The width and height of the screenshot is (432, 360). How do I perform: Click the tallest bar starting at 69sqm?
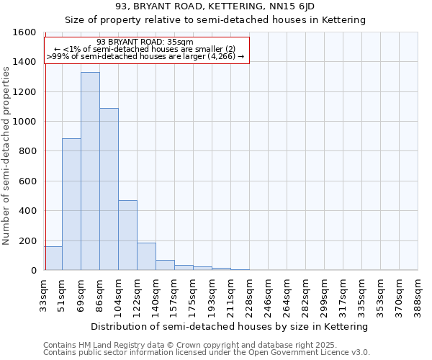click(90, 171)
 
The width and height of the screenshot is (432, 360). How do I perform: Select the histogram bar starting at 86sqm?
click(109, 189)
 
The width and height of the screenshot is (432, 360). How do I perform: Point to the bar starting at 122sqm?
click(146, 256)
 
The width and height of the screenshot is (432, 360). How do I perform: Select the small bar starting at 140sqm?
click(165, 265)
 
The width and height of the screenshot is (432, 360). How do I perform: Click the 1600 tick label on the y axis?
click(24, 32)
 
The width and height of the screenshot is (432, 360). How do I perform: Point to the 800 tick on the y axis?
click(27, 151)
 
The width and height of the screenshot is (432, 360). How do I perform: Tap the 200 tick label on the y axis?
click(27, 240)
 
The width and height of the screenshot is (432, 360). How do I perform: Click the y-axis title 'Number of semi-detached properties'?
click(6, 151)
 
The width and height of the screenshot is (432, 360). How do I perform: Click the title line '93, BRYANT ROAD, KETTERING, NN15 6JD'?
click(215, 7)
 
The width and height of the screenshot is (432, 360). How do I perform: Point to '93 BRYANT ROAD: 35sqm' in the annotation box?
click(145, 42)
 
